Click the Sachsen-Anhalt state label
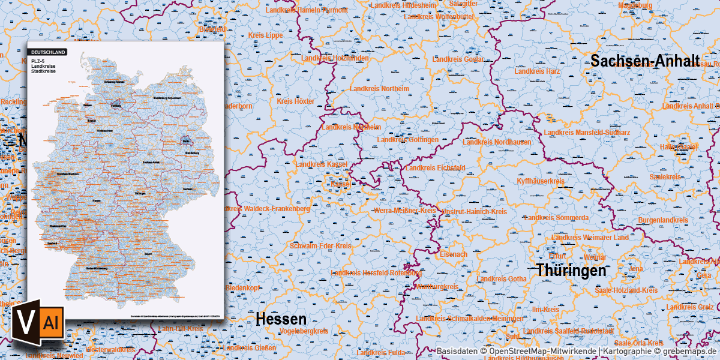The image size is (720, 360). click(645, 61)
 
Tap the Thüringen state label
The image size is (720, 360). click(571, 271)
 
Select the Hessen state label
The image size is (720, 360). click(281, 319)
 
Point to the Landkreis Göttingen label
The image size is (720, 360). click(407, 140)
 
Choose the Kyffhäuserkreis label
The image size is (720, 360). click(541, 181)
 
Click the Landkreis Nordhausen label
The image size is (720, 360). click(496, 142)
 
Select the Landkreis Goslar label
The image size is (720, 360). click(458, 59)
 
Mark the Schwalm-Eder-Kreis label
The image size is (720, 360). click(320, 247)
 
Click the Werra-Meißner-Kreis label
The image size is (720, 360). click(404, 211)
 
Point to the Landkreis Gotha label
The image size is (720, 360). click(502, 279)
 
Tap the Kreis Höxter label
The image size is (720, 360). click(295, 101)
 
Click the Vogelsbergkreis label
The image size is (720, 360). click(303, 331)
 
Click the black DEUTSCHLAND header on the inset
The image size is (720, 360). click(47, 52)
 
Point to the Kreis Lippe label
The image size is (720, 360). click(265, 35)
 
